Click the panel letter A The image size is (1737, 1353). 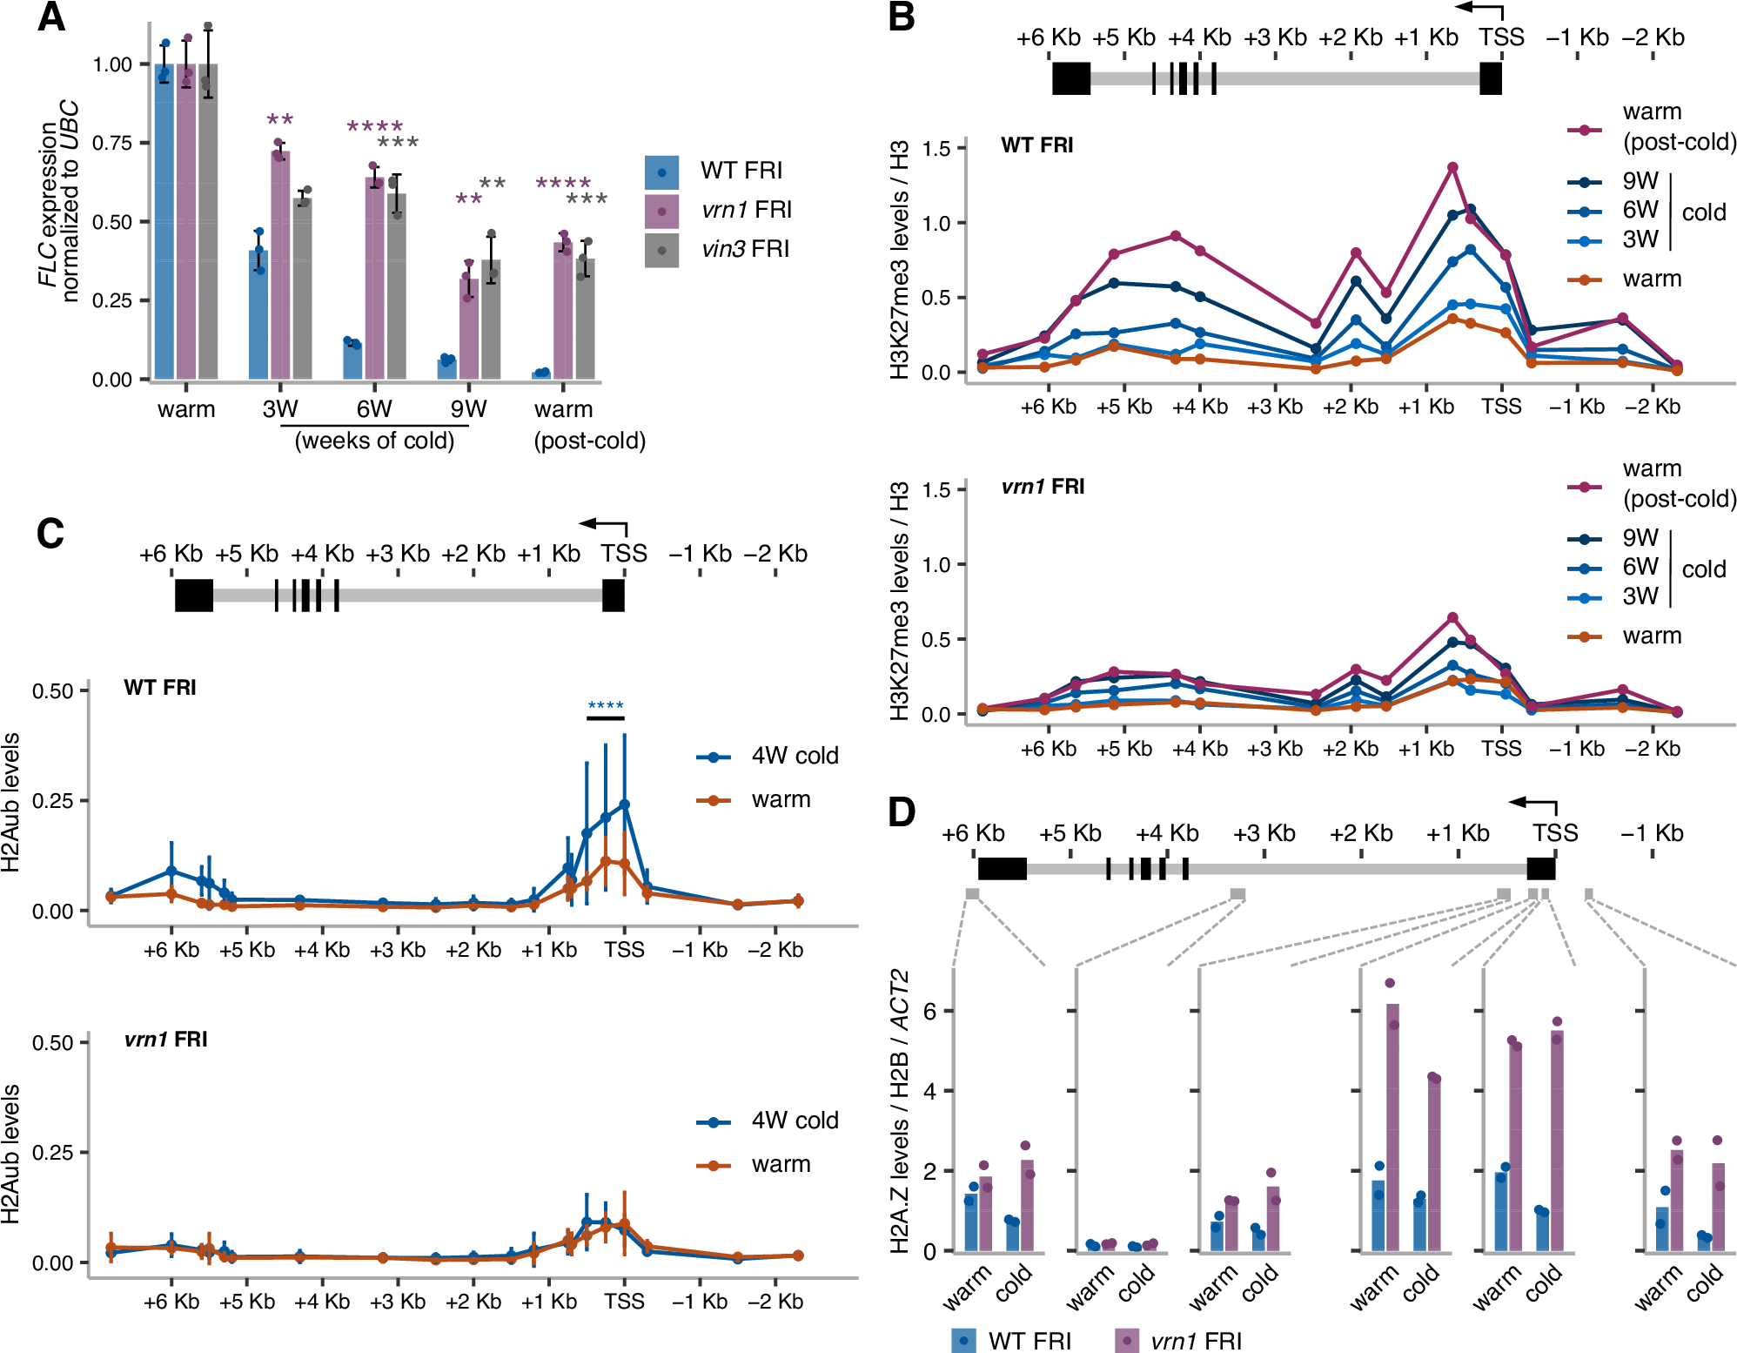click(x=51, y=17)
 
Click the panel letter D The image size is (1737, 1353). click(x=902, y=812)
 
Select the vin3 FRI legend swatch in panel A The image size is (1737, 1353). click(x=661, y=250)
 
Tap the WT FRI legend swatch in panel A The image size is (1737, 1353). click(x=661, y=172)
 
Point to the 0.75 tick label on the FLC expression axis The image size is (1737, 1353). click(x=112, y=143)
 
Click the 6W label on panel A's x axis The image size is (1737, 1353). click(x=374, y=409)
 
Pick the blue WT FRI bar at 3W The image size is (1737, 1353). click(x=258, y=313)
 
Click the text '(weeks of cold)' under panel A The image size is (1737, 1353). click(x=374, y=441)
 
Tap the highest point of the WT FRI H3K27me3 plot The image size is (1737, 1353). click(x=1452, y=167)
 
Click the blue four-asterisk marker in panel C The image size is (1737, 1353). click(x=606, y=706)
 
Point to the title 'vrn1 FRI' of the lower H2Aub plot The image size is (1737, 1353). click(x=165, y=1040)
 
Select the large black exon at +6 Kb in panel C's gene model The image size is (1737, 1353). click(x=194, y=595)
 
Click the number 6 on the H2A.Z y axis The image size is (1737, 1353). click(x=929, y=1012)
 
